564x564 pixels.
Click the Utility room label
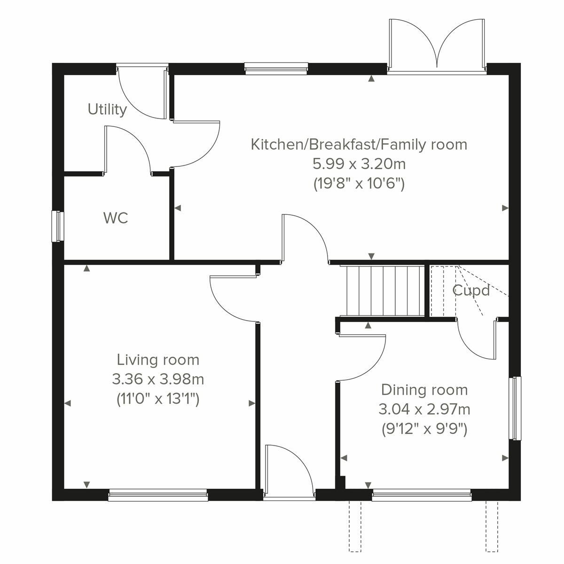pyautogui.click(x=107, y=110)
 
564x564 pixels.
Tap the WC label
pyautogui.click(x=115, y=218)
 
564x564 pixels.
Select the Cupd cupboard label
pyautogui.click(x=470, y=290)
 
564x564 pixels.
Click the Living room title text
pyautogui.click(x=158, y=360)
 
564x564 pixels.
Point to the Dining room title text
pyautogui.click(x=424, y=390)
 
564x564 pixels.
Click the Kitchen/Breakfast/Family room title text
pyautogui.click(x=359, y=144)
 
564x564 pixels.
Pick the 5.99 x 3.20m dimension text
pyautogui.click(x=359, y=164)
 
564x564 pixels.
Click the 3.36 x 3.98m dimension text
pyautogui.click(x=158, y=379)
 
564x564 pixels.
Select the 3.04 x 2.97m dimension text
pyautogui.click(x=424, y=409)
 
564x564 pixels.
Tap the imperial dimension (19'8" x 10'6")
pyautogui.click(x=359, y=184)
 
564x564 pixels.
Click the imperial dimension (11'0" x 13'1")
pyautogui.click(x=158, y=399)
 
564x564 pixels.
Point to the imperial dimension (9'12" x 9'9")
pyautogui.click(x=424, y=429)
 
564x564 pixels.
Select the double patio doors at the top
pyautogui.click(x=437, y=47)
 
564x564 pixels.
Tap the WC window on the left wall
pyautogui.click(x=58, y=226)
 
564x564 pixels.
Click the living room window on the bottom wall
pyautogui.click(x=158, y=495)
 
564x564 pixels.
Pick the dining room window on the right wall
pyautogui.click(x=515, y=408)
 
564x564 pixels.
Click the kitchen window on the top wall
pyautogui.click(x=276, y=69)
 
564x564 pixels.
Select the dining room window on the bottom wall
pyautogui.click(x=422, y=494)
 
